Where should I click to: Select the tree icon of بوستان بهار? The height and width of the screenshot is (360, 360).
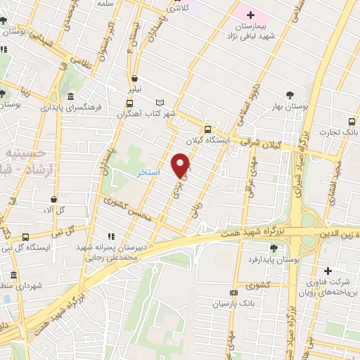[289, 96]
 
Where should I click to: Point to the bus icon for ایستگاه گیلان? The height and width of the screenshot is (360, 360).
[207, 129]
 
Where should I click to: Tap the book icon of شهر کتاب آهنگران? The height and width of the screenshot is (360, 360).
[160, 103]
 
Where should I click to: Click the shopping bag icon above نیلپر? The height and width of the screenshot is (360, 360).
[134, 79]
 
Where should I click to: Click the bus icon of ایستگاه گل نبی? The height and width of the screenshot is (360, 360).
[26, 236]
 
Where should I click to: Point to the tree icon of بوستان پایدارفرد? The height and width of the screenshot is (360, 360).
[273, 248]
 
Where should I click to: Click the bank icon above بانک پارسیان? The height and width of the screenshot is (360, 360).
[233, 292]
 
